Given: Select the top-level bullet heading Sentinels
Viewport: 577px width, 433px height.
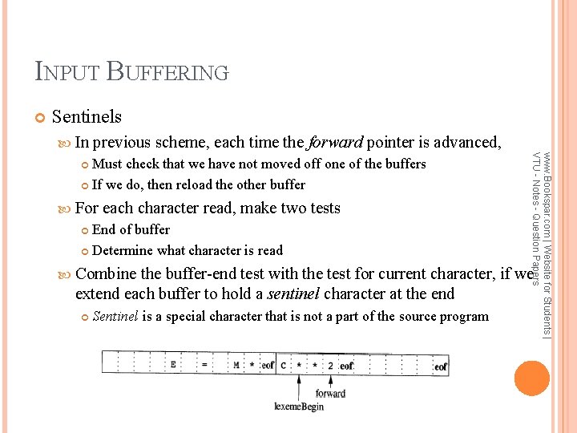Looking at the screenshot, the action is [x=87, y=116].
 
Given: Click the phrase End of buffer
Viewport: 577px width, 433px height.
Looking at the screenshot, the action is [x=131, y=229].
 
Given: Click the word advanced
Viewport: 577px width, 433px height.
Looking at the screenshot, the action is [x=468, y=143].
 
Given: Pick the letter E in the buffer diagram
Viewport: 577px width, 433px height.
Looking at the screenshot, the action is [x=173, y=365].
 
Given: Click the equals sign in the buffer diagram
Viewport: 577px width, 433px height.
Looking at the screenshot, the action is [x=204, y=365].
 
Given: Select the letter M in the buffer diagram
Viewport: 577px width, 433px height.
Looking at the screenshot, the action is [x=236, y=365].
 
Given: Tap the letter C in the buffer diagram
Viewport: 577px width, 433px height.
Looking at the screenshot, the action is [x=284, y=366].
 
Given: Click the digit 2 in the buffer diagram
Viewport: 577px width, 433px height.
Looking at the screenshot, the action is [x=329, y=366].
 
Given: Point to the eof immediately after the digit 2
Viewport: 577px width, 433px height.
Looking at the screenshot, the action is [x=345, y=366].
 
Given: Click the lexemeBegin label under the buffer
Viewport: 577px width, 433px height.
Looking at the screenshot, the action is [x=299, y=407].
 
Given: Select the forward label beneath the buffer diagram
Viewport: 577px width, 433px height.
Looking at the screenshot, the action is [x=330, y=393].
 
